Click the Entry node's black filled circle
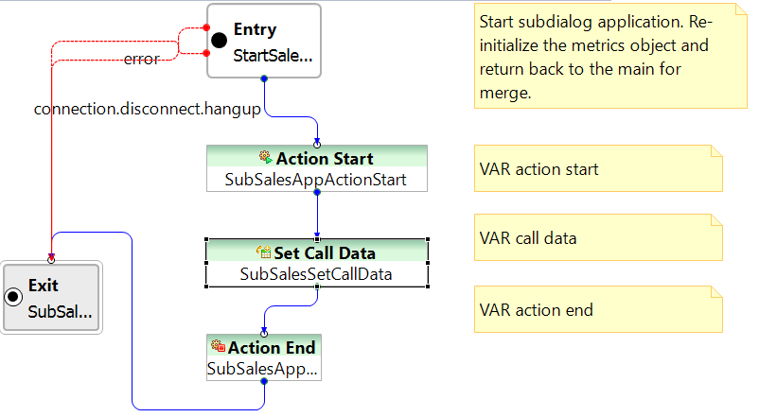(219, 40)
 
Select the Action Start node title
(325, 159)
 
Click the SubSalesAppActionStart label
(315, 180)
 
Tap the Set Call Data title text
(325, 253)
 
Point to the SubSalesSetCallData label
(316, 274)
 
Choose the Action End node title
(272, 347)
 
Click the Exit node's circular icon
(13, 297)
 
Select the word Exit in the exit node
(44, 286)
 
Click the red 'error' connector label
(141, 59)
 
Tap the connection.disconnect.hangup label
(147, 109)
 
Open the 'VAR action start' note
(598, 168)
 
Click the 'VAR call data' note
(598, 237)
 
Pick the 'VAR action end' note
(598, 309)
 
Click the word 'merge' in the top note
(505, 93)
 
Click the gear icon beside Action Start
(265, 157)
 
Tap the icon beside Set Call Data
(264, 252)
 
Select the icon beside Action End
(219, 346)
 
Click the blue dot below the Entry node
(264, 78)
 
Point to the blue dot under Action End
(264, 381)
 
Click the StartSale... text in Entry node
(273, 56)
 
